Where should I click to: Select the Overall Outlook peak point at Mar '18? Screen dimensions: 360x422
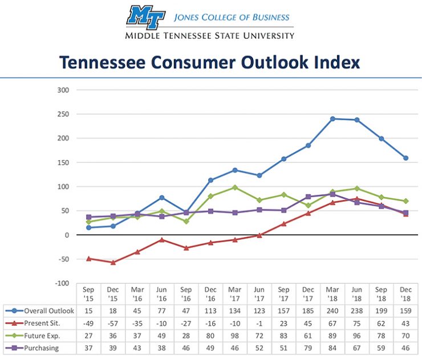tap(332, 118)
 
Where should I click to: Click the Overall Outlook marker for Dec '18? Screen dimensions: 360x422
tap(406, 158)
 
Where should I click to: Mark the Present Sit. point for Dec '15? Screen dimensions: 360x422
tap(113, 263)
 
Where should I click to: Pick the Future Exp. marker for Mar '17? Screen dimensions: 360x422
tap(235, 187)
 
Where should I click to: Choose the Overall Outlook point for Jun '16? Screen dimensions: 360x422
tap(162, 198)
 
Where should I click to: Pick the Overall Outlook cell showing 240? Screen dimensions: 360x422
tap(332, 311)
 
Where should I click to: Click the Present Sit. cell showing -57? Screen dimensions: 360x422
tap(113, 323)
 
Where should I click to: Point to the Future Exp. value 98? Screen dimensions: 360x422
tap(235, 335)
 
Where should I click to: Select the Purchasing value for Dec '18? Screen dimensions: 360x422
tap(406, 347)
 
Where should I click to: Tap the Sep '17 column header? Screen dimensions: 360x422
tap(283, 294)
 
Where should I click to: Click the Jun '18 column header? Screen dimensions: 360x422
tap(357, 294)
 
